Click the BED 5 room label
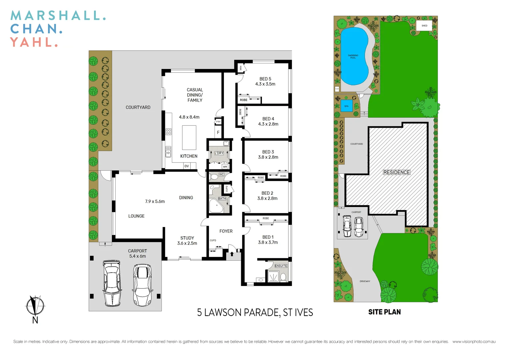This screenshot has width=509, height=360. (x=265, y=79)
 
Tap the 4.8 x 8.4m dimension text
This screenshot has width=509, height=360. (x=189, y=117)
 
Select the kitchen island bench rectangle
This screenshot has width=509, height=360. (x=189, y=137)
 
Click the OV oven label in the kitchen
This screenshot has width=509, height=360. (x=187, y=166)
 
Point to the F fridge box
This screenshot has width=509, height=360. (x=218, y=132)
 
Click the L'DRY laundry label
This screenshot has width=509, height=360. (x=219, y=153)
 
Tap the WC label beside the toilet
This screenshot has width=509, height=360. (x=222, y=174)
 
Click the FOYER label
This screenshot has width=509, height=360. (x=226, y=231)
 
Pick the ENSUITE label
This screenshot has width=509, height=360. (x=281, y=266)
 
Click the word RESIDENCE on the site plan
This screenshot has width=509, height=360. (x=396, y=172)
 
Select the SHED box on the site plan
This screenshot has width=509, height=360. (x=424, y=26)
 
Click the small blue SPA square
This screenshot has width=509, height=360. (x=346, y=106)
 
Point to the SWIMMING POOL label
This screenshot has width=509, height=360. (x=353, y=57)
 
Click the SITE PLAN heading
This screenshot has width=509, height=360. (x=384, y=312)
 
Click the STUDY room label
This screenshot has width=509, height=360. (x=187, y=238)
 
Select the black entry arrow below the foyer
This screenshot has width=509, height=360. (x=232, y=254)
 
